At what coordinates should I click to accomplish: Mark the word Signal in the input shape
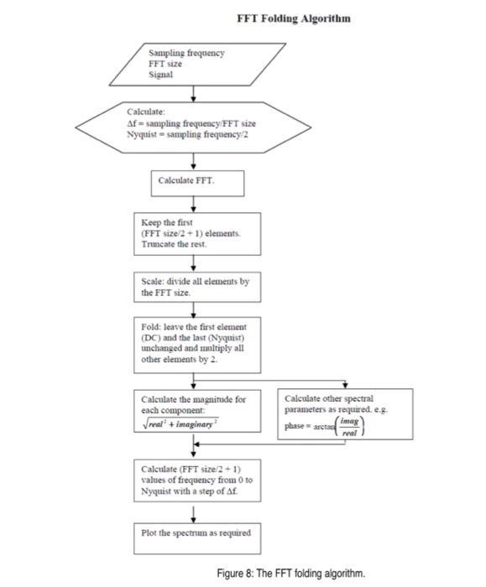tap(160, 72)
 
